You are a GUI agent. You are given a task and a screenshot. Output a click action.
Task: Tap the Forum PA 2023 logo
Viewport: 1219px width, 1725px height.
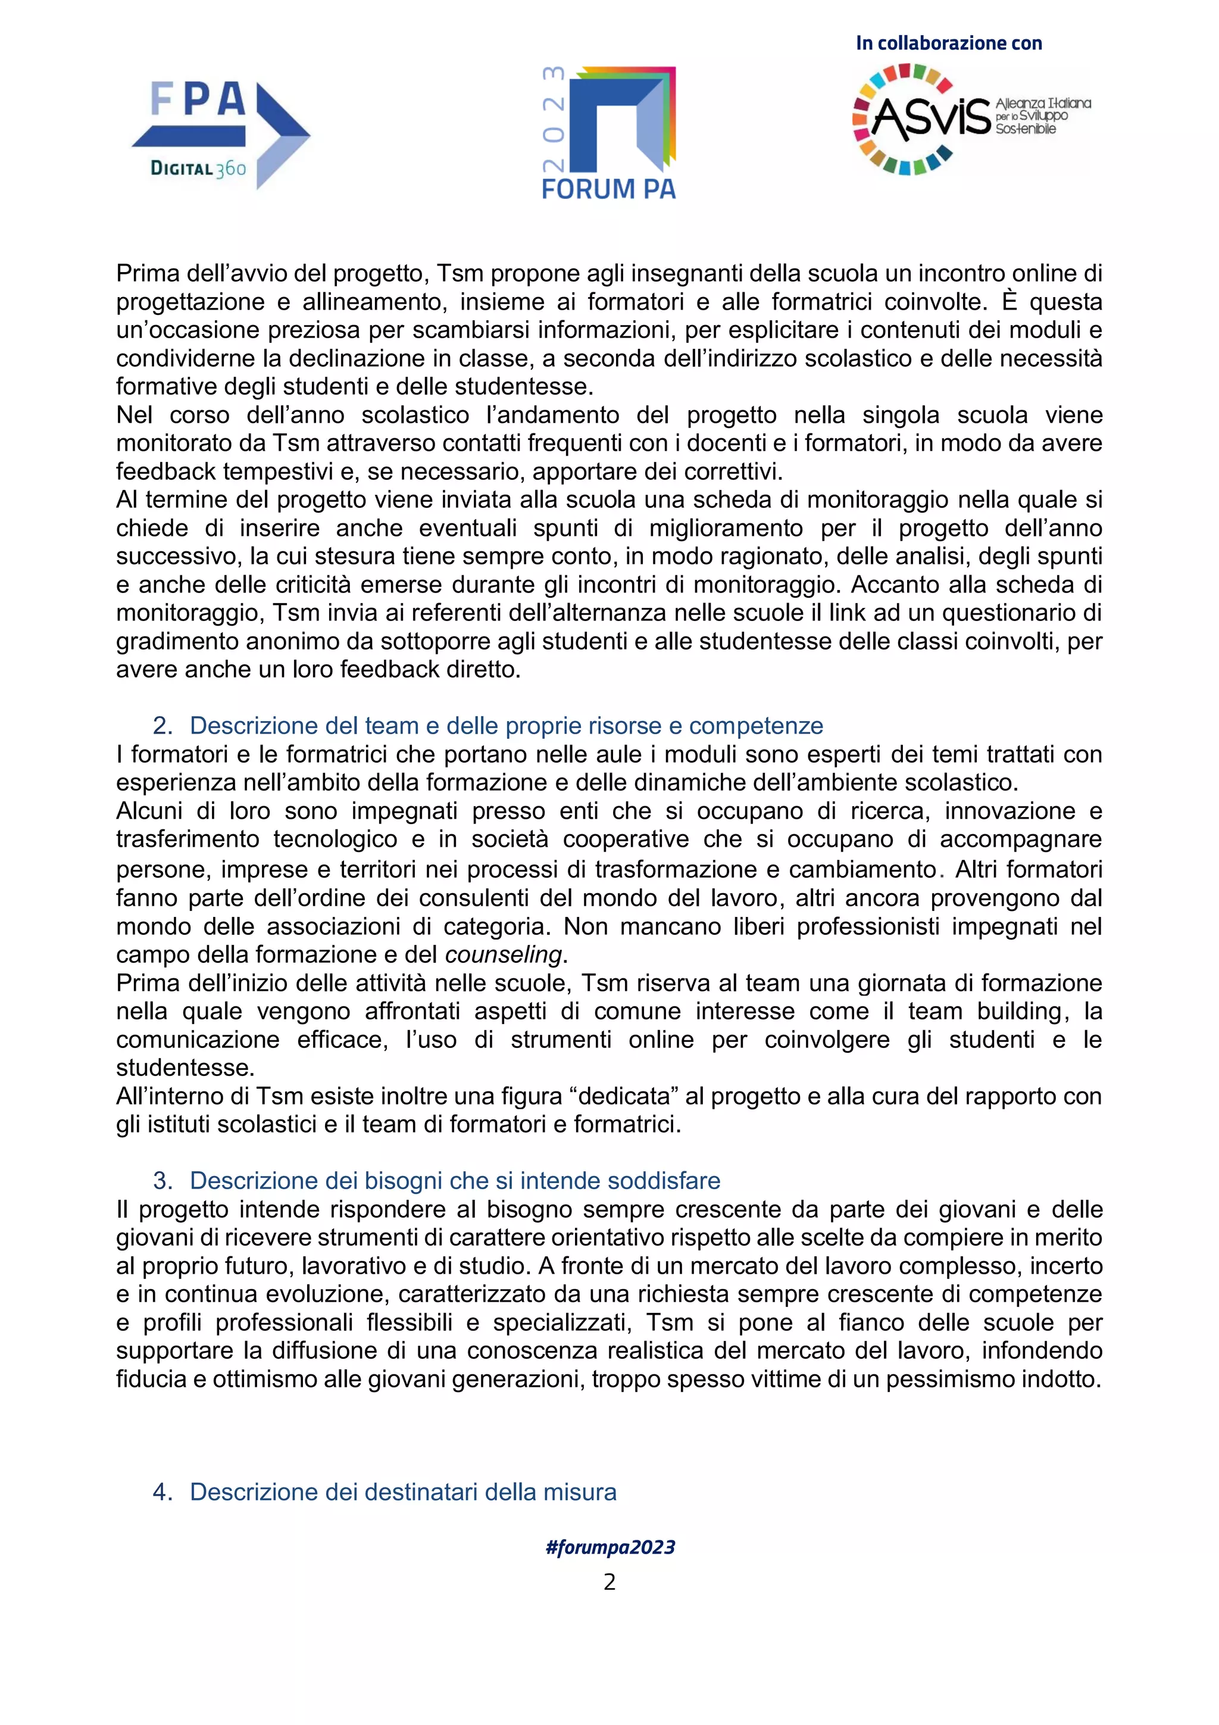(x=609, y=133)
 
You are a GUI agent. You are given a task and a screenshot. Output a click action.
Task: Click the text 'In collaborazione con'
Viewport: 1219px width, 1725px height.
(x=949, y=43)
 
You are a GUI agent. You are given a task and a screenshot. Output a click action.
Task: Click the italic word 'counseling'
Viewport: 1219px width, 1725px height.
(x=503, y=954)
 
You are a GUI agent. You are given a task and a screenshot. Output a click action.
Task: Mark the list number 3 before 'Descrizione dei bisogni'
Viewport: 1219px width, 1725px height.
(x=162, y=1180)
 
